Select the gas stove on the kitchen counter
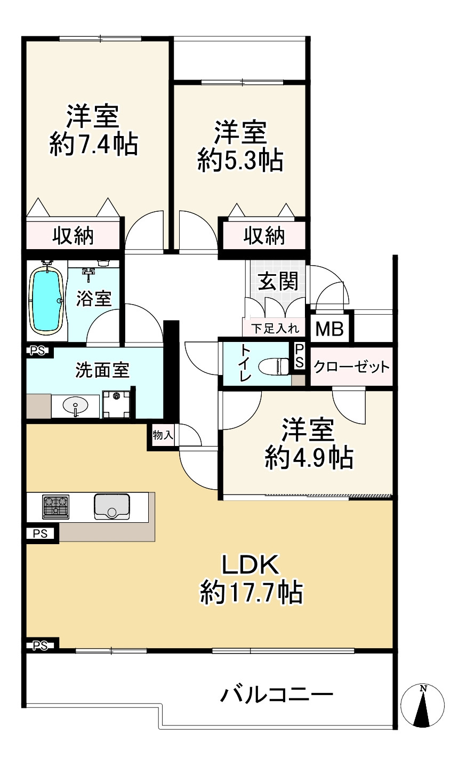(55, 507)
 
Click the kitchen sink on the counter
(111, 506)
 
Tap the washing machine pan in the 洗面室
(116, 404)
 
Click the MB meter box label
(329, 329)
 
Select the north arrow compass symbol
(423, 705)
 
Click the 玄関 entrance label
(278, 282)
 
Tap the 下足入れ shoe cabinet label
(275, 329)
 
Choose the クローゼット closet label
(352, 367)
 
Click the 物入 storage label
(163, 435)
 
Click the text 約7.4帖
(94, 144)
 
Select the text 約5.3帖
(240, 160)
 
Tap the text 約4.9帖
(309, 457)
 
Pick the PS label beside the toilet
(299, 355)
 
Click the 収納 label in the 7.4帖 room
(73, 236)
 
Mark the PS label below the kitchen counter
(40, 533)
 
